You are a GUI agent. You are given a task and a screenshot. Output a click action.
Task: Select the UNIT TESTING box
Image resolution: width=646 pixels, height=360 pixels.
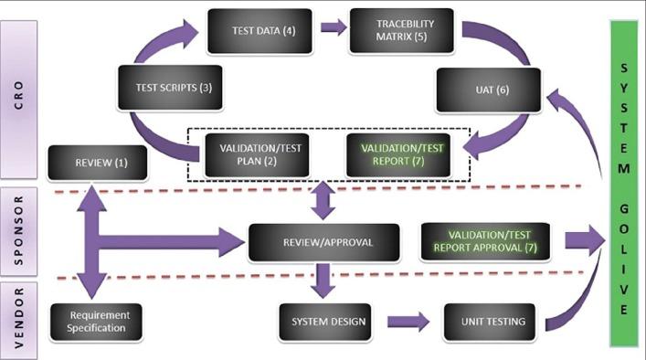coord(484,322)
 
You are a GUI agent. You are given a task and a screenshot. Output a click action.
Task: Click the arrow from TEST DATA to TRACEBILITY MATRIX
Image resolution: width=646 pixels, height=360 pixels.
coord(334,27)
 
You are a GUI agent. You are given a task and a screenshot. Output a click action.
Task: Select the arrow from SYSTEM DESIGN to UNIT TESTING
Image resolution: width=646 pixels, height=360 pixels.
coord(408,322)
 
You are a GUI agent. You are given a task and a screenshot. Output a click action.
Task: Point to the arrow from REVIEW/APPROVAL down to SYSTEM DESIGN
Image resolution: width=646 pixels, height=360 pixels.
coord(321,280)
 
